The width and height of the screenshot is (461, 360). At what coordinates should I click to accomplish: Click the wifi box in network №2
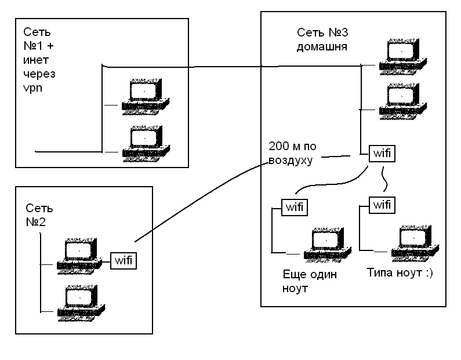124,260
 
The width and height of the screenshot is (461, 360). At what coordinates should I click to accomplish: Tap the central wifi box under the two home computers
380,154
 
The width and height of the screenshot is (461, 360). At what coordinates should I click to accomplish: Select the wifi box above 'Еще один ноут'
295,206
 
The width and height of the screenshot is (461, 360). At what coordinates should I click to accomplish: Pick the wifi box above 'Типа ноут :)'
380,205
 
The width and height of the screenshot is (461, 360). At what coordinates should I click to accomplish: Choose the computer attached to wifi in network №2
80,254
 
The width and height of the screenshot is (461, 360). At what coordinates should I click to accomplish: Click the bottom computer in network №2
80,302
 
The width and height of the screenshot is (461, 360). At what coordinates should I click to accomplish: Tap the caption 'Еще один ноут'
309,281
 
